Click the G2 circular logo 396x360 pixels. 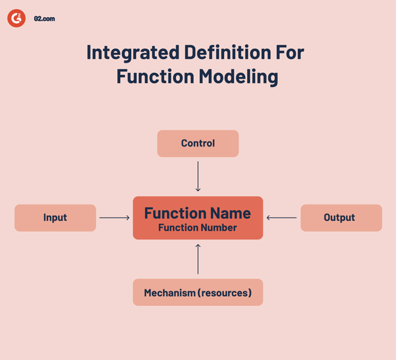[x=16, y=18]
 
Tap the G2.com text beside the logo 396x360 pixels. [x=44, y=19]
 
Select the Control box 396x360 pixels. [x=198, y=144]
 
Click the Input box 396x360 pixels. [x=55, y=218]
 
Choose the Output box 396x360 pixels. [x=341, y=218]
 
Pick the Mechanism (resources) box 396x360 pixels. [x=198, y=292]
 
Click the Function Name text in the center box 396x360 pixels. [x=197, y=213]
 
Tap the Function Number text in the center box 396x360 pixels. [x=197, y=227]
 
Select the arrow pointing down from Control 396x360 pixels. [x=198, y=176]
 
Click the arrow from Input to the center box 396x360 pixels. [x=114, y=218]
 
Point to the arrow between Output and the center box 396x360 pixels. [x=282, y=218]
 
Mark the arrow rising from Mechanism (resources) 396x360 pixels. [x=198, y=258]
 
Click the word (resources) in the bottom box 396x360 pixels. [x=226, y=292]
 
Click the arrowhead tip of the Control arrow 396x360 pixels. [x=198, y=190]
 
